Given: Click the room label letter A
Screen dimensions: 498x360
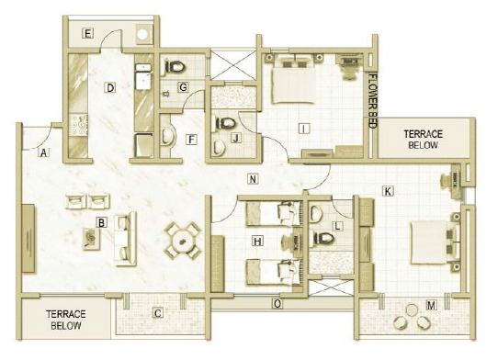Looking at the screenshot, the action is coord(43,152).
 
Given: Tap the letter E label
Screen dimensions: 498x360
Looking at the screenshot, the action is coord(87,33).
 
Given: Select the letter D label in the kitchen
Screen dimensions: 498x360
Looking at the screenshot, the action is coord(110,87).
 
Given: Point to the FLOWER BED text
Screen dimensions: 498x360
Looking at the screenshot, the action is coord(372,101).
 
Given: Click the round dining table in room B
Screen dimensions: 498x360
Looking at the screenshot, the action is coord(182,242).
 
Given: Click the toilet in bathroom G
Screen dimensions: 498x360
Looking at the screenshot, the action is coord(174,67).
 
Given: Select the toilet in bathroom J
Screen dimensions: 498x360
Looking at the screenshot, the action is coord(224,123).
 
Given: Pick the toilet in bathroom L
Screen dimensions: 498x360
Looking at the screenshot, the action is coord(323,238).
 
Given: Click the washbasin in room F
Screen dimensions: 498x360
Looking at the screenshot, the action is coord(167,137).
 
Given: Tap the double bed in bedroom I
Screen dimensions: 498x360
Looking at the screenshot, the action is coord(294,79).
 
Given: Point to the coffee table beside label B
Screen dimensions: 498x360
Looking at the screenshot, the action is coord(92,239).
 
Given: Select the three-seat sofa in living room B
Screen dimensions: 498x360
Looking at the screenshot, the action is coord(126,239).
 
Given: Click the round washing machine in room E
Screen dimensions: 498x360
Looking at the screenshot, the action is coord(143,34).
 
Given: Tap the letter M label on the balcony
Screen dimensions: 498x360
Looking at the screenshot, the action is coord(431,306).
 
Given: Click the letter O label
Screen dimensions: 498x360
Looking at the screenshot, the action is coord(277,304).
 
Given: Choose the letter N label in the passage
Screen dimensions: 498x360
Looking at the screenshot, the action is coord(253,179).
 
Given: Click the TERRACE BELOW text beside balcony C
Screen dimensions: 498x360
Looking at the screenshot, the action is coord(66,320).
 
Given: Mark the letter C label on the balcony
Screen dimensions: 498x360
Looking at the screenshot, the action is coord(158,313).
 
